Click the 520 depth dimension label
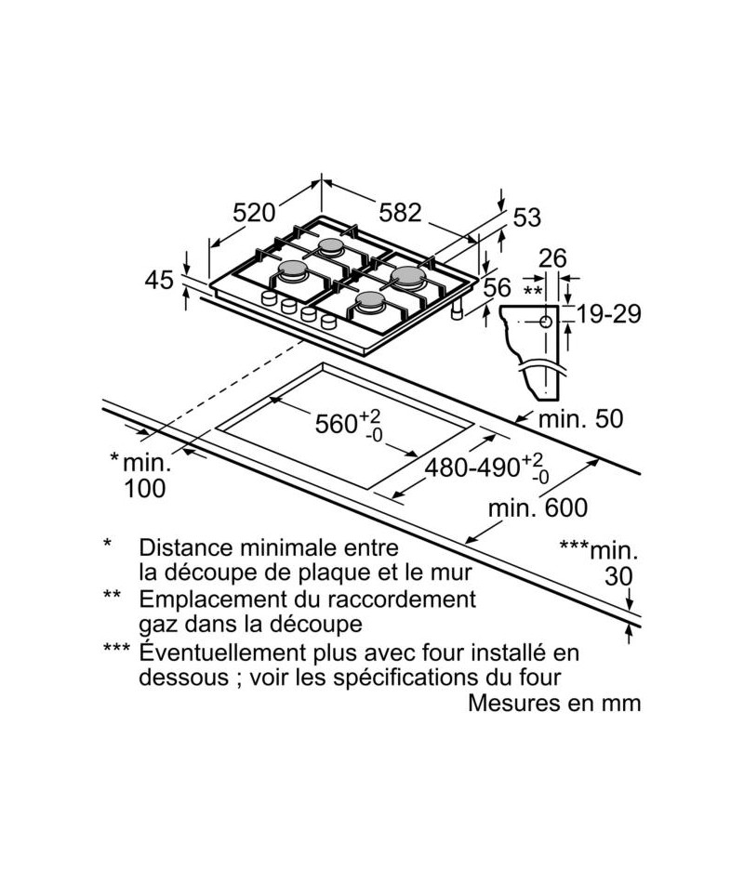pyautogui.click(x=254, y=212)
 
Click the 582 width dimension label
pyautogui.click(x=400, y=212)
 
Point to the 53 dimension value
pyautogui.click(x=526, y=217)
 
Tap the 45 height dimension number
pyautogui.click(x=159, y=280)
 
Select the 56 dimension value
pyautogui.click(x=498, y=287)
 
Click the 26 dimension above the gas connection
pyautogui.click(x=552, y=258)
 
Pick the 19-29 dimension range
pyautogui.click(x=609, y=313)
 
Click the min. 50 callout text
pyautogui.click(x=581, y=419)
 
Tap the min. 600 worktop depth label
pyautogui.click(x=538, y=507)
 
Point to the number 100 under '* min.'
pyautogui.click(x=145, y=488)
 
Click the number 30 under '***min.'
pyautogui.click(x=618, y=576)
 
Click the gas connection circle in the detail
pyautogui.click(x=546, y=323)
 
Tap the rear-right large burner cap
pyautogui.click(x=409, y=275)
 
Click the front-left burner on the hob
pyautogui.click(x=294, y=270)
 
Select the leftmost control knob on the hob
pyautogui.click(x=269, y=298)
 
